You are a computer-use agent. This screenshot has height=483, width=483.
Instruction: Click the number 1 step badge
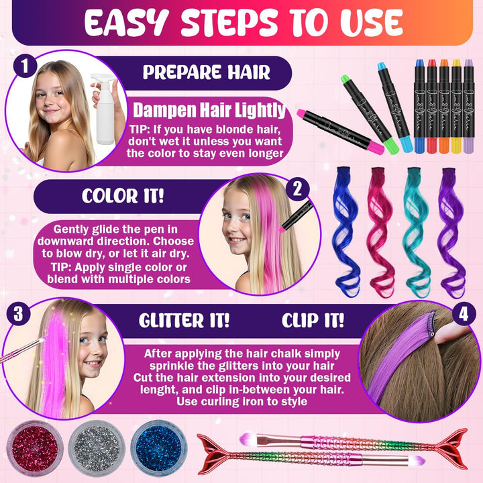click(x=24, y=67)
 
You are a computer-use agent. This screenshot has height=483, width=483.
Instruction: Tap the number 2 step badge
click(x=297, y=189)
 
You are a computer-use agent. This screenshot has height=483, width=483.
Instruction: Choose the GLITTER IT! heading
click(x=184, y=320)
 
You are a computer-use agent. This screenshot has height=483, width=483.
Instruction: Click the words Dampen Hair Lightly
click(x=209, y=110)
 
